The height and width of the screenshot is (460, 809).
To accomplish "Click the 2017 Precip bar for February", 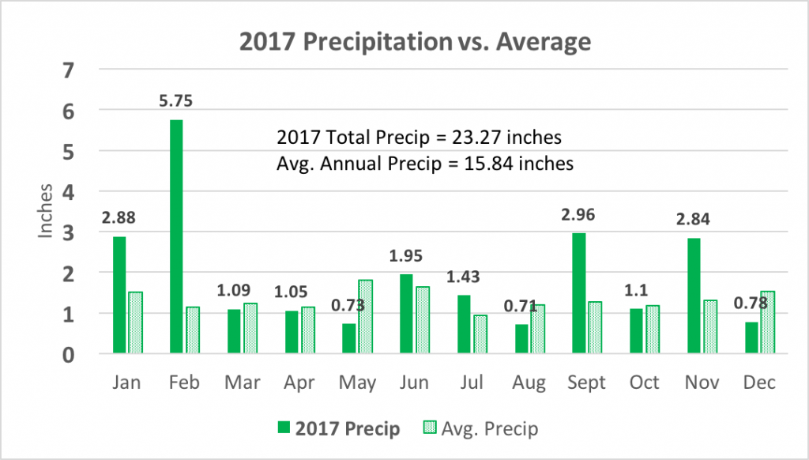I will [x=175, y=237].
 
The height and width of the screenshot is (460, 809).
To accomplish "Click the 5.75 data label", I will [x=175, y=102].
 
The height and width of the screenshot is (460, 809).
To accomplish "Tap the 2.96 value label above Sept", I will [x=579, y=213].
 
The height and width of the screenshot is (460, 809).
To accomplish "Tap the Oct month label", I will [x=645, y=383].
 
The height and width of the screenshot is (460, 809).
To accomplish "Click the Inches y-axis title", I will [x=47, y=212].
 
